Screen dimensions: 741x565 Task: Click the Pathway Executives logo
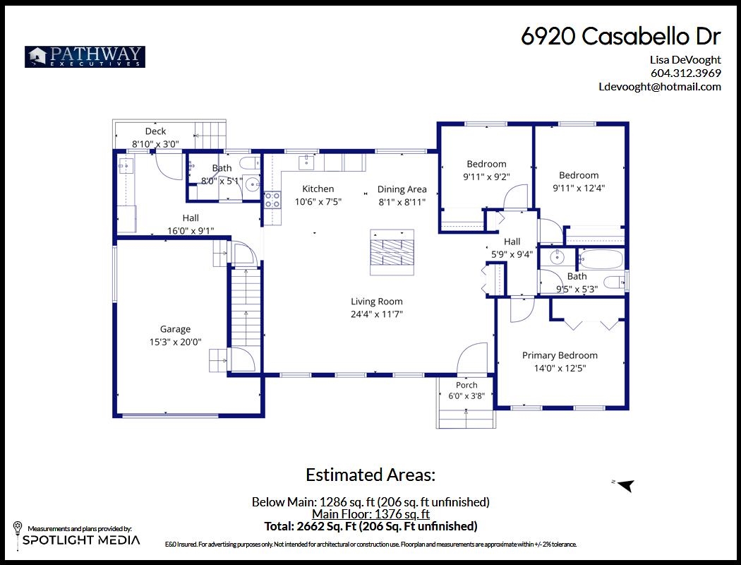click(85, 56)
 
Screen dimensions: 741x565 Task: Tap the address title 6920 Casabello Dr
click(621, 36)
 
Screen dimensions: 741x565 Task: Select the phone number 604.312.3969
click(686, 73)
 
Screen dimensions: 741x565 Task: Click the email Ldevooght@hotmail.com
click(660, 87)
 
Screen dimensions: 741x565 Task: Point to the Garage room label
click(175, 329)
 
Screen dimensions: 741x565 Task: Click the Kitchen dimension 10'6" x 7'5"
click(318, 202)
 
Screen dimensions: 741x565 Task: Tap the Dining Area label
click(402, 189)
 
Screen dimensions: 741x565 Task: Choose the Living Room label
click(377, 302)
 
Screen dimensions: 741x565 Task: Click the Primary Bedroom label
click(560, 355)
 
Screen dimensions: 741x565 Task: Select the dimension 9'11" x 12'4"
click(579, 188)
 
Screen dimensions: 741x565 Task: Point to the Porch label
click(466, 385)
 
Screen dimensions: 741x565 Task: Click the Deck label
click(155, 131)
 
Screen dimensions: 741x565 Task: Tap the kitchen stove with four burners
click(272, 200)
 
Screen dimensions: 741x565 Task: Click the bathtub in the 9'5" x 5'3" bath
click(601, 260)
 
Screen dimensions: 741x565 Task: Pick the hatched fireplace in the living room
click(392, 252)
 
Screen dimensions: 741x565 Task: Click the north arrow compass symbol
click(625, 485)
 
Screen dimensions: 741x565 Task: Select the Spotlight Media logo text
click(81, 540)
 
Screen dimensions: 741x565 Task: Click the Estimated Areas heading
click(370, 475)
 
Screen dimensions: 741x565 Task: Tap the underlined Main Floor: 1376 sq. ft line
click(370, 514)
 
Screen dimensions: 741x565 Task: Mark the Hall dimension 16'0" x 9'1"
click(191, 231)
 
